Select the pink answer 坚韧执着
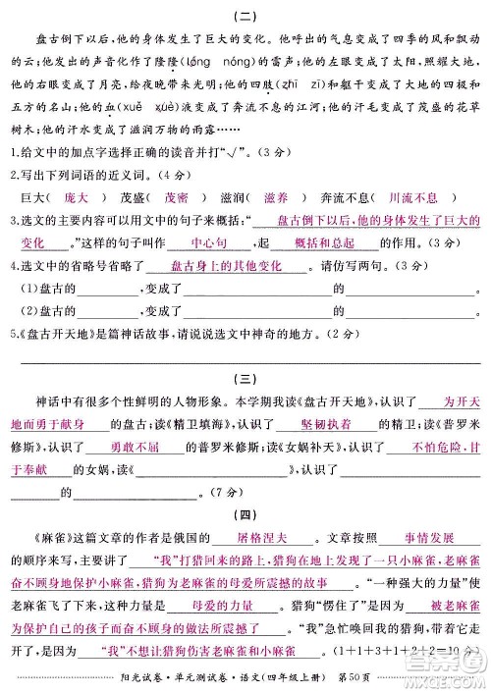(x=303, y=424)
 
